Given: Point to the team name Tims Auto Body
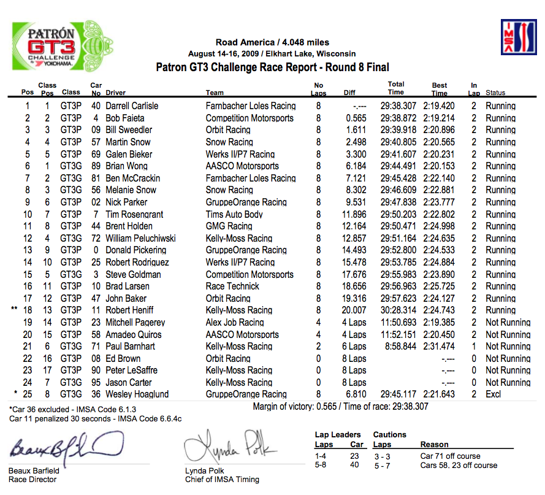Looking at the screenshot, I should [x=234, y=214].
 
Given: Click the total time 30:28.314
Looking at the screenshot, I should [x=398, y=310].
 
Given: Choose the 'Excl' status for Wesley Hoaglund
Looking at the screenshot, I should [x=494, y=394].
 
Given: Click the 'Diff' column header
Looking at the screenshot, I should [x=349, y=93].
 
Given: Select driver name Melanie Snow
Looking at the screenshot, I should [x=131, y=190].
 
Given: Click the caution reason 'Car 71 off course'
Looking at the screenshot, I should [x=450, y=456].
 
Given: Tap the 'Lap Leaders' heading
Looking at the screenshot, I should [x=338, y=435].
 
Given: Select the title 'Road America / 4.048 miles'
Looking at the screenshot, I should [x=272, y=42].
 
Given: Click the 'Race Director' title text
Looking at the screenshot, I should [x=32, y=480].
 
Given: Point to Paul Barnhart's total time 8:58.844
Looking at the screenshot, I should [x=400, y=347].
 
